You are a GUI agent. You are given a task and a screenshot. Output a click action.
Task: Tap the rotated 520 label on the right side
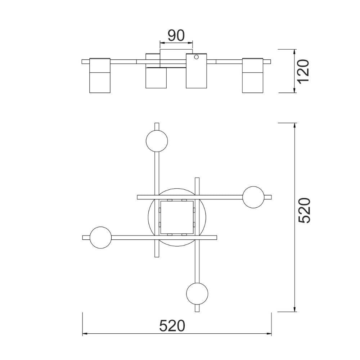pyautogui.click(x=304, y=211)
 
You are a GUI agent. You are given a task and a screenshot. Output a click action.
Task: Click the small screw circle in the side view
pyautogui.click(x=196, y=57)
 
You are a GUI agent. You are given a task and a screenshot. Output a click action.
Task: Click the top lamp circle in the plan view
pyautogui.click(x=157, y=141)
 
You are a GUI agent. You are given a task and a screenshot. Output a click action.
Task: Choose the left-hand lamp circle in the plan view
pyautogui.click(x=101, y=237)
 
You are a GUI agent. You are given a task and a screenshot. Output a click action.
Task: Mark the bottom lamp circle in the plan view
pyautogui.click(x=197, y=293)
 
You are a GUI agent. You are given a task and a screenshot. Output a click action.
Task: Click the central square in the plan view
pyautogui.click(x=176, y=217)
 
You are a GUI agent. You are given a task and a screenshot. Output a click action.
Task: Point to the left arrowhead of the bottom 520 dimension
pyautogui.click(x=85, y=334)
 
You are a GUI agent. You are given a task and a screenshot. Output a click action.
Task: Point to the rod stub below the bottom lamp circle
pyautogui.click(x=197, y=309)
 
